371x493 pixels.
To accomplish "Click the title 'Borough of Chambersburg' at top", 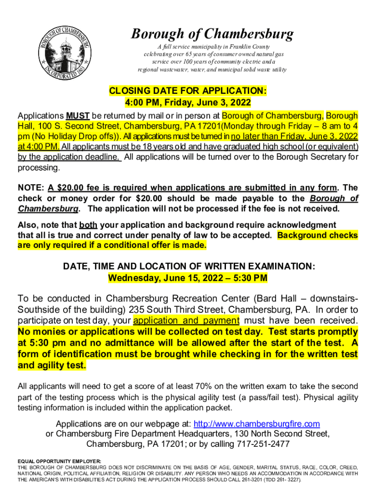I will pos(212,34).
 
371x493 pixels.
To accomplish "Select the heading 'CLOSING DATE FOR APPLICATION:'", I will pos(187,91).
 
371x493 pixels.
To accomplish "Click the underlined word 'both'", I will pos(88,225).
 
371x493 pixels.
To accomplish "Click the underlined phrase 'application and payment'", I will pos(186,321).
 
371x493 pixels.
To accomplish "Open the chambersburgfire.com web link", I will pos(257,424).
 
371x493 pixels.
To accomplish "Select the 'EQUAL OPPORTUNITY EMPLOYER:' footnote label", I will pos(60,461).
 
